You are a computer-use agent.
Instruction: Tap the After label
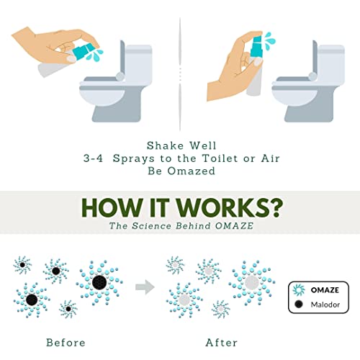click(222, 342)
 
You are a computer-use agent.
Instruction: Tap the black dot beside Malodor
click(298, 305)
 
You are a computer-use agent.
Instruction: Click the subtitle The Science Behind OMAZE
click(179, 225)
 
